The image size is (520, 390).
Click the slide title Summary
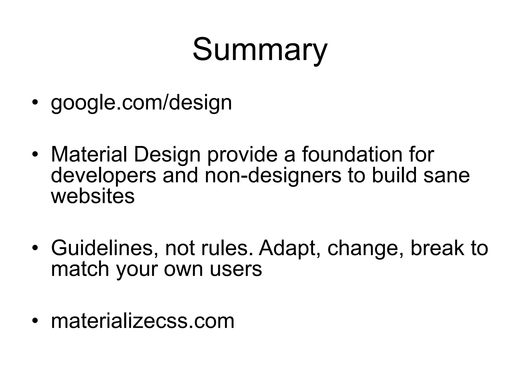[x=260, y=50]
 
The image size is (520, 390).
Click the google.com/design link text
[x=141, y=103]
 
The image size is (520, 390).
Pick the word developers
[x=103, y=176]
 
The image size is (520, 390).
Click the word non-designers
[x=273, y=176]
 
